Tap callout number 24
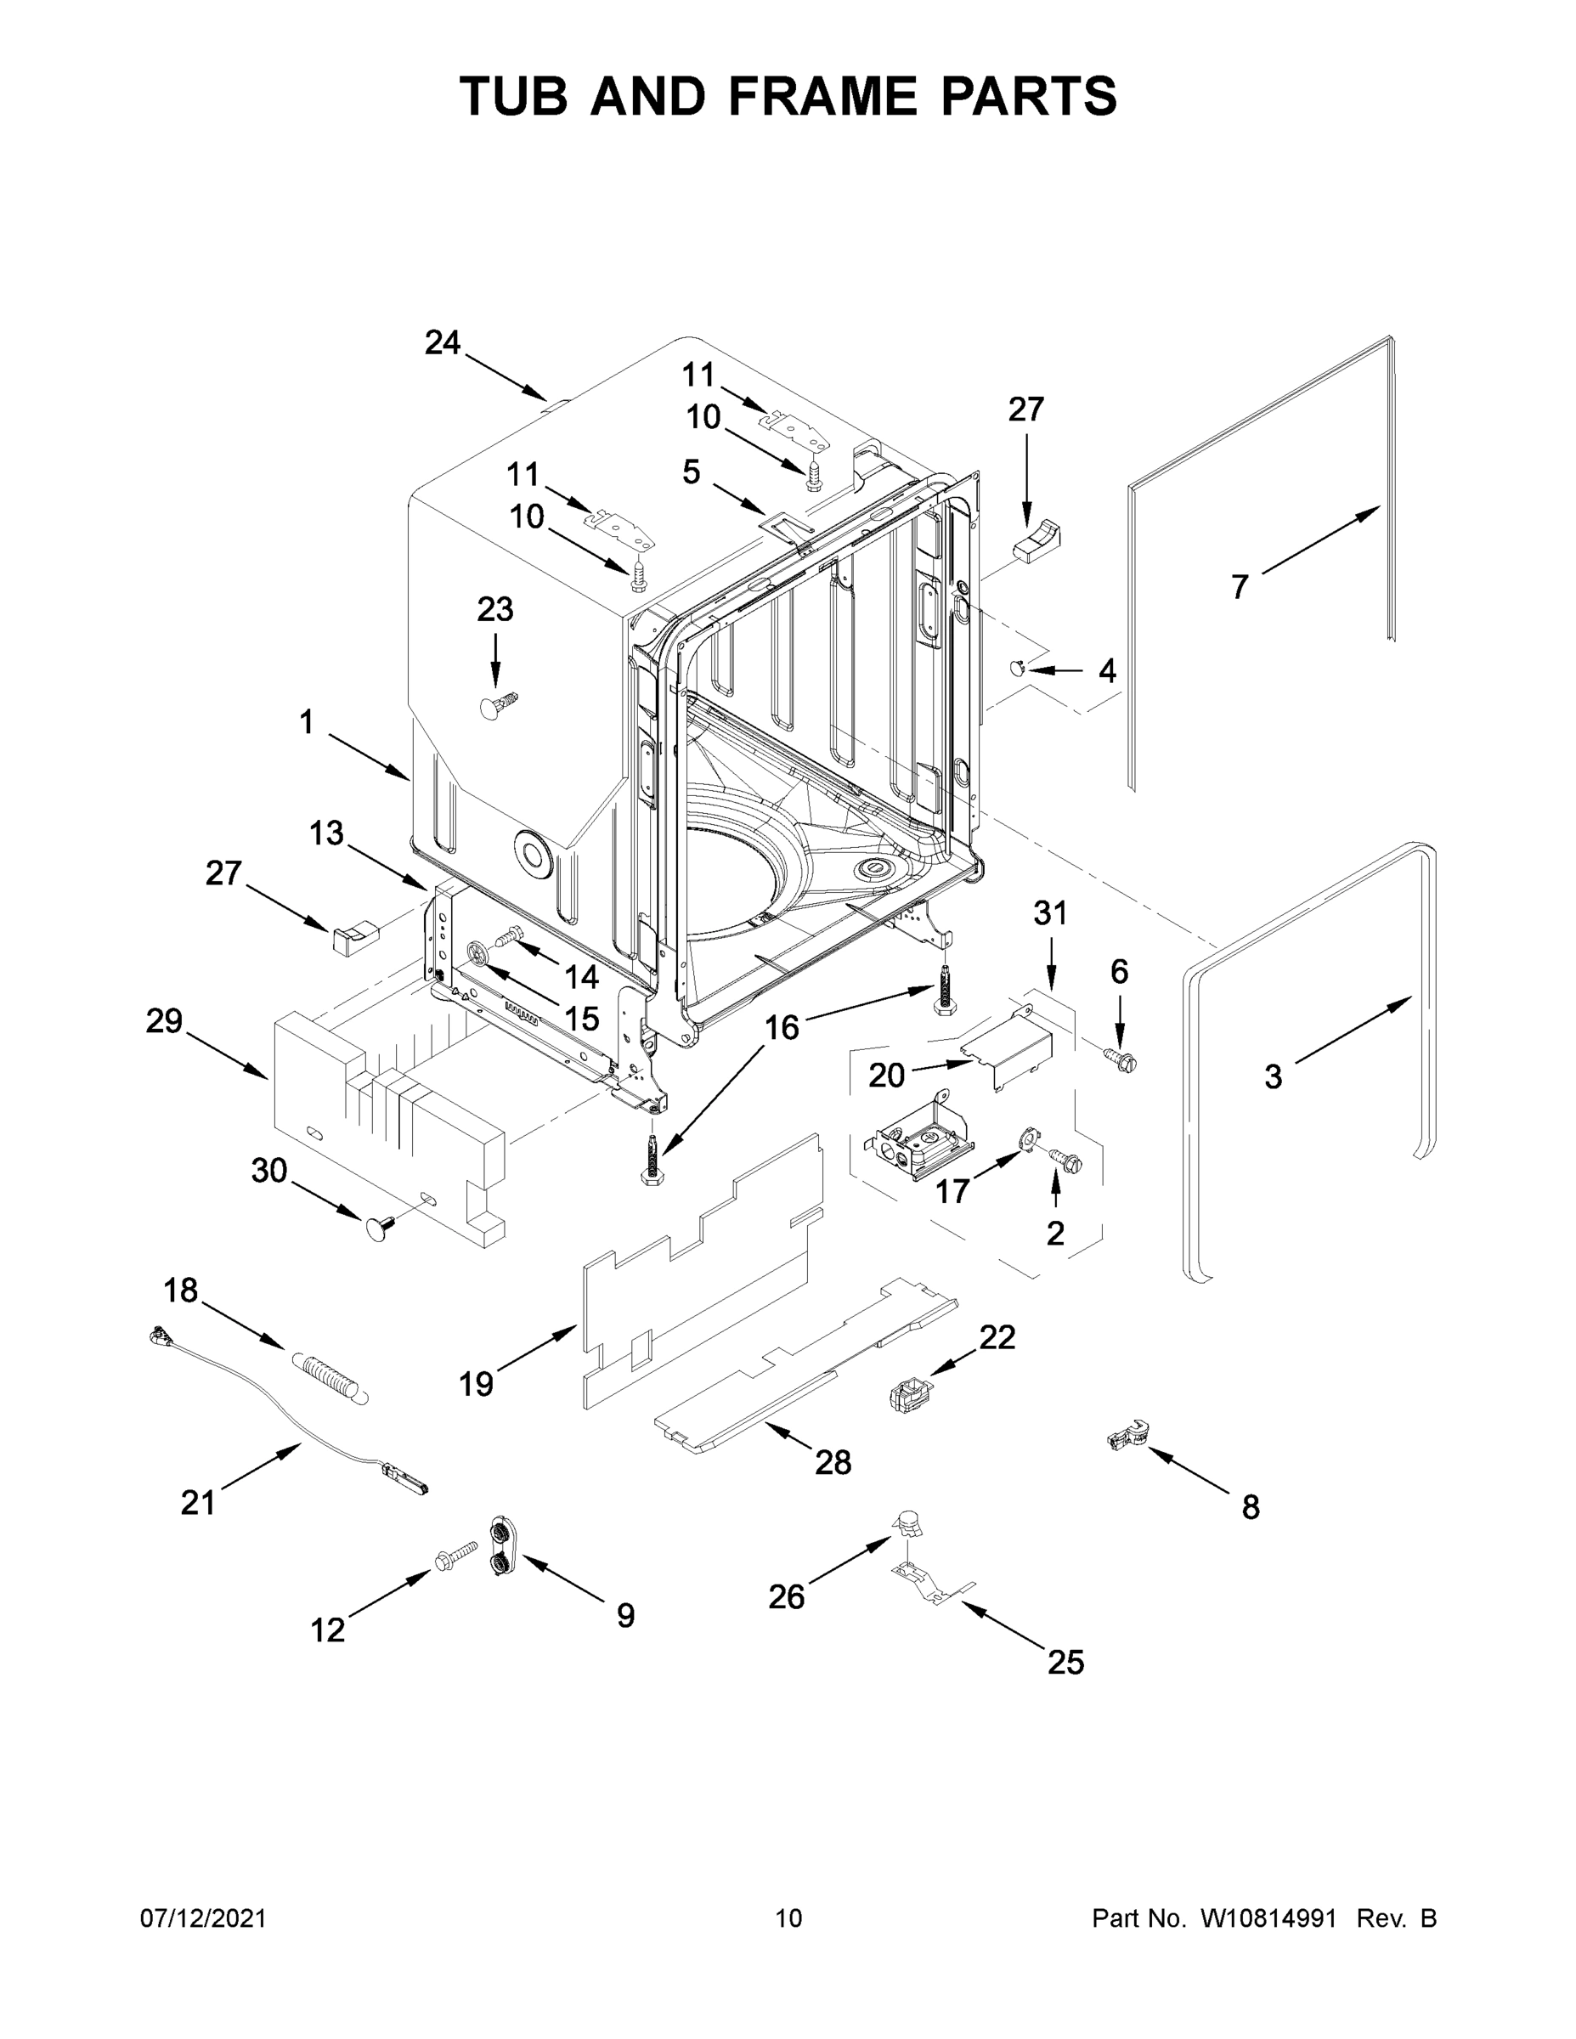click(x=443, y=343)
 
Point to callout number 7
click(x=1239, y=586)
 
